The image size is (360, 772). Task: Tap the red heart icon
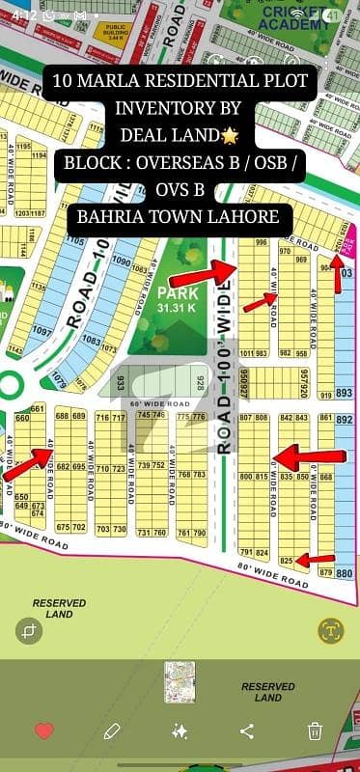(x=43, y=731)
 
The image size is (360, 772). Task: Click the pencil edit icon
(x=112, y=731)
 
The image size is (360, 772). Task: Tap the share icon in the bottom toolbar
(x=246, y=731)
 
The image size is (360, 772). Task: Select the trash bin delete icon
(x=315, y=731)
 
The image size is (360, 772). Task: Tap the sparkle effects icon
(x=180, y=731)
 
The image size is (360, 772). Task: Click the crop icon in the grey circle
(x=29, y=630)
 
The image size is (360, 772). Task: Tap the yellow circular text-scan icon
(x=331, y=630)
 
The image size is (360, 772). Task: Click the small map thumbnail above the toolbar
(x=180, y=681)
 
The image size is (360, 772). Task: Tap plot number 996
(x=260, y=242)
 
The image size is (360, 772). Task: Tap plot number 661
(x=37, y=408)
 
